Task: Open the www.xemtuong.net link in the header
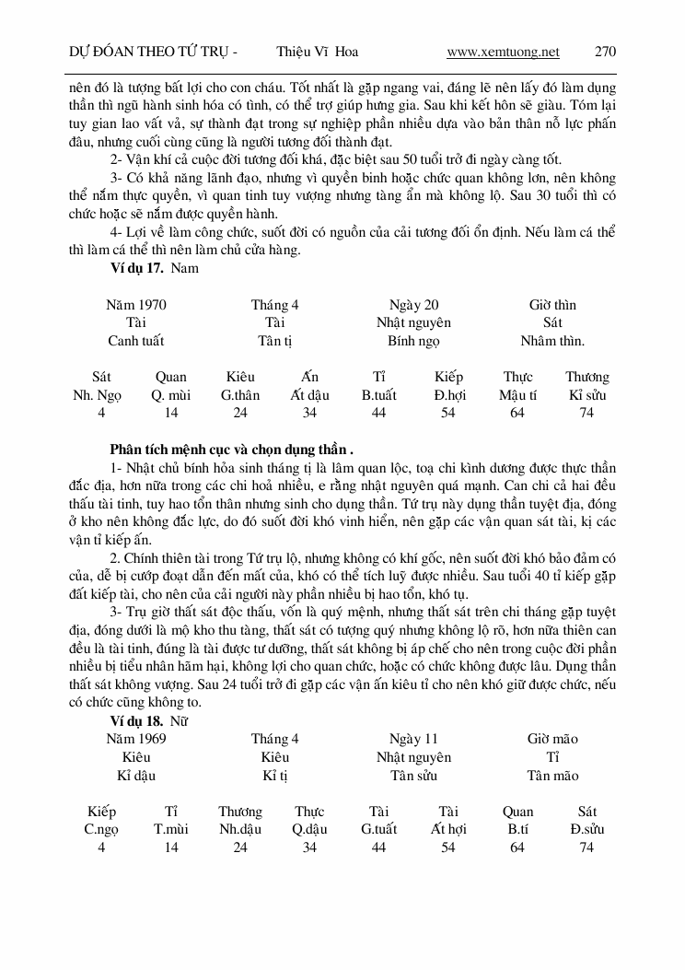[503, 52]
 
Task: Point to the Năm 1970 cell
[136, 305]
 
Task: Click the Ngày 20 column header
[413, 305]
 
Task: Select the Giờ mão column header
[552, 739]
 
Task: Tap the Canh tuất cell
[136, 341]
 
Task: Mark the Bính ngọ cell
[413, 341]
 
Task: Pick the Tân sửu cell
[413, 776]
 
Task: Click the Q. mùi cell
[170, 395]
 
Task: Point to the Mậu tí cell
[517, 395]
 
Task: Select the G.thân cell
[240, 395]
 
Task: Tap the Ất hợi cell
[447, 829]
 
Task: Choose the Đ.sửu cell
[586, 829]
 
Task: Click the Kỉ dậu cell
[136, 776]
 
